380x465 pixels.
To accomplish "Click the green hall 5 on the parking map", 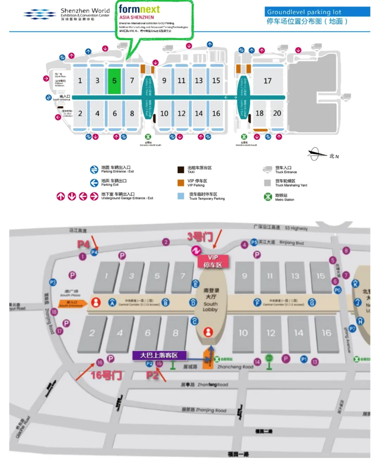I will (x=114, y=81).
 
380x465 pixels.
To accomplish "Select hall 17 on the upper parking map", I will (x=267, y=81).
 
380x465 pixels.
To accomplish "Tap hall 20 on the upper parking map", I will (x=277, y=113).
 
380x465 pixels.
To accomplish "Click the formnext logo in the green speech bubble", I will (x=139, y=9).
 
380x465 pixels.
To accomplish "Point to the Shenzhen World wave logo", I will (x=39, y=14).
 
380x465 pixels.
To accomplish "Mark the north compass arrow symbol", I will (x=316, y=154).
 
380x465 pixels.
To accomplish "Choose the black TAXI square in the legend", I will (x=181, y=170).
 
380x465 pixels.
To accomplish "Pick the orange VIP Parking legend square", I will (x=181, y=183).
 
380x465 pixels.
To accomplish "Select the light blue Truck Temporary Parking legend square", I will (x=181, y=196).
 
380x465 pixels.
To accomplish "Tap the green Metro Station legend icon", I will (x=268, y=197).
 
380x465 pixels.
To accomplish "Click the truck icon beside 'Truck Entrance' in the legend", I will (x=267, y=170).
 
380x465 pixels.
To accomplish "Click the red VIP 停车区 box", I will (x=213, y=261).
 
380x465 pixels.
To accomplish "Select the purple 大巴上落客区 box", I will (x=159, y=355).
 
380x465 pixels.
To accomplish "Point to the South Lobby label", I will (x=210, y=306).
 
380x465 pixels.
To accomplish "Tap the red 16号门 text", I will (x=106, y=375).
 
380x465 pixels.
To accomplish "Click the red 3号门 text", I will (x=200, y=237).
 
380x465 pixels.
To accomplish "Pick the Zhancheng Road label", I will (x=235, y=367).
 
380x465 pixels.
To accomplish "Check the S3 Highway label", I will (x=296, y=228).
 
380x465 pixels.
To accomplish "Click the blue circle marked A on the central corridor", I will (x=112, y=302).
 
